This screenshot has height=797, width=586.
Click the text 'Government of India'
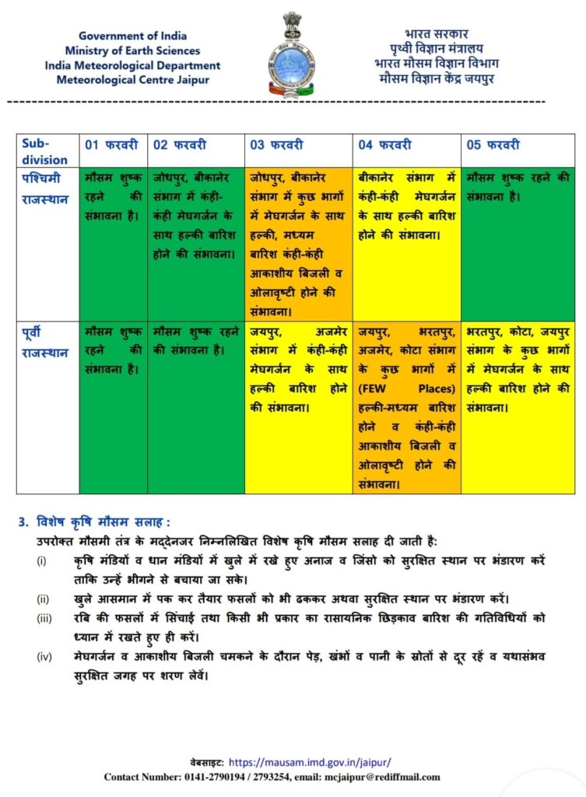click(x=132, y=36)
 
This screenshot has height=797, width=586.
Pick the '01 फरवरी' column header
click(x=112, y=145)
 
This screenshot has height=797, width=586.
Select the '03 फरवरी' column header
click(x=276, y=145)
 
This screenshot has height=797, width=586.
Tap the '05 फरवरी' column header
click(x=493, y=145)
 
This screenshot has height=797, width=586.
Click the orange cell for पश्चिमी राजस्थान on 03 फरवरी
click(x=299, y=244)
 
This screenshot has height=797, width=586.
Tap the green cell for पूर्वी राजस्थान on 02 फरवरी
click(x=195, y=405)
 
